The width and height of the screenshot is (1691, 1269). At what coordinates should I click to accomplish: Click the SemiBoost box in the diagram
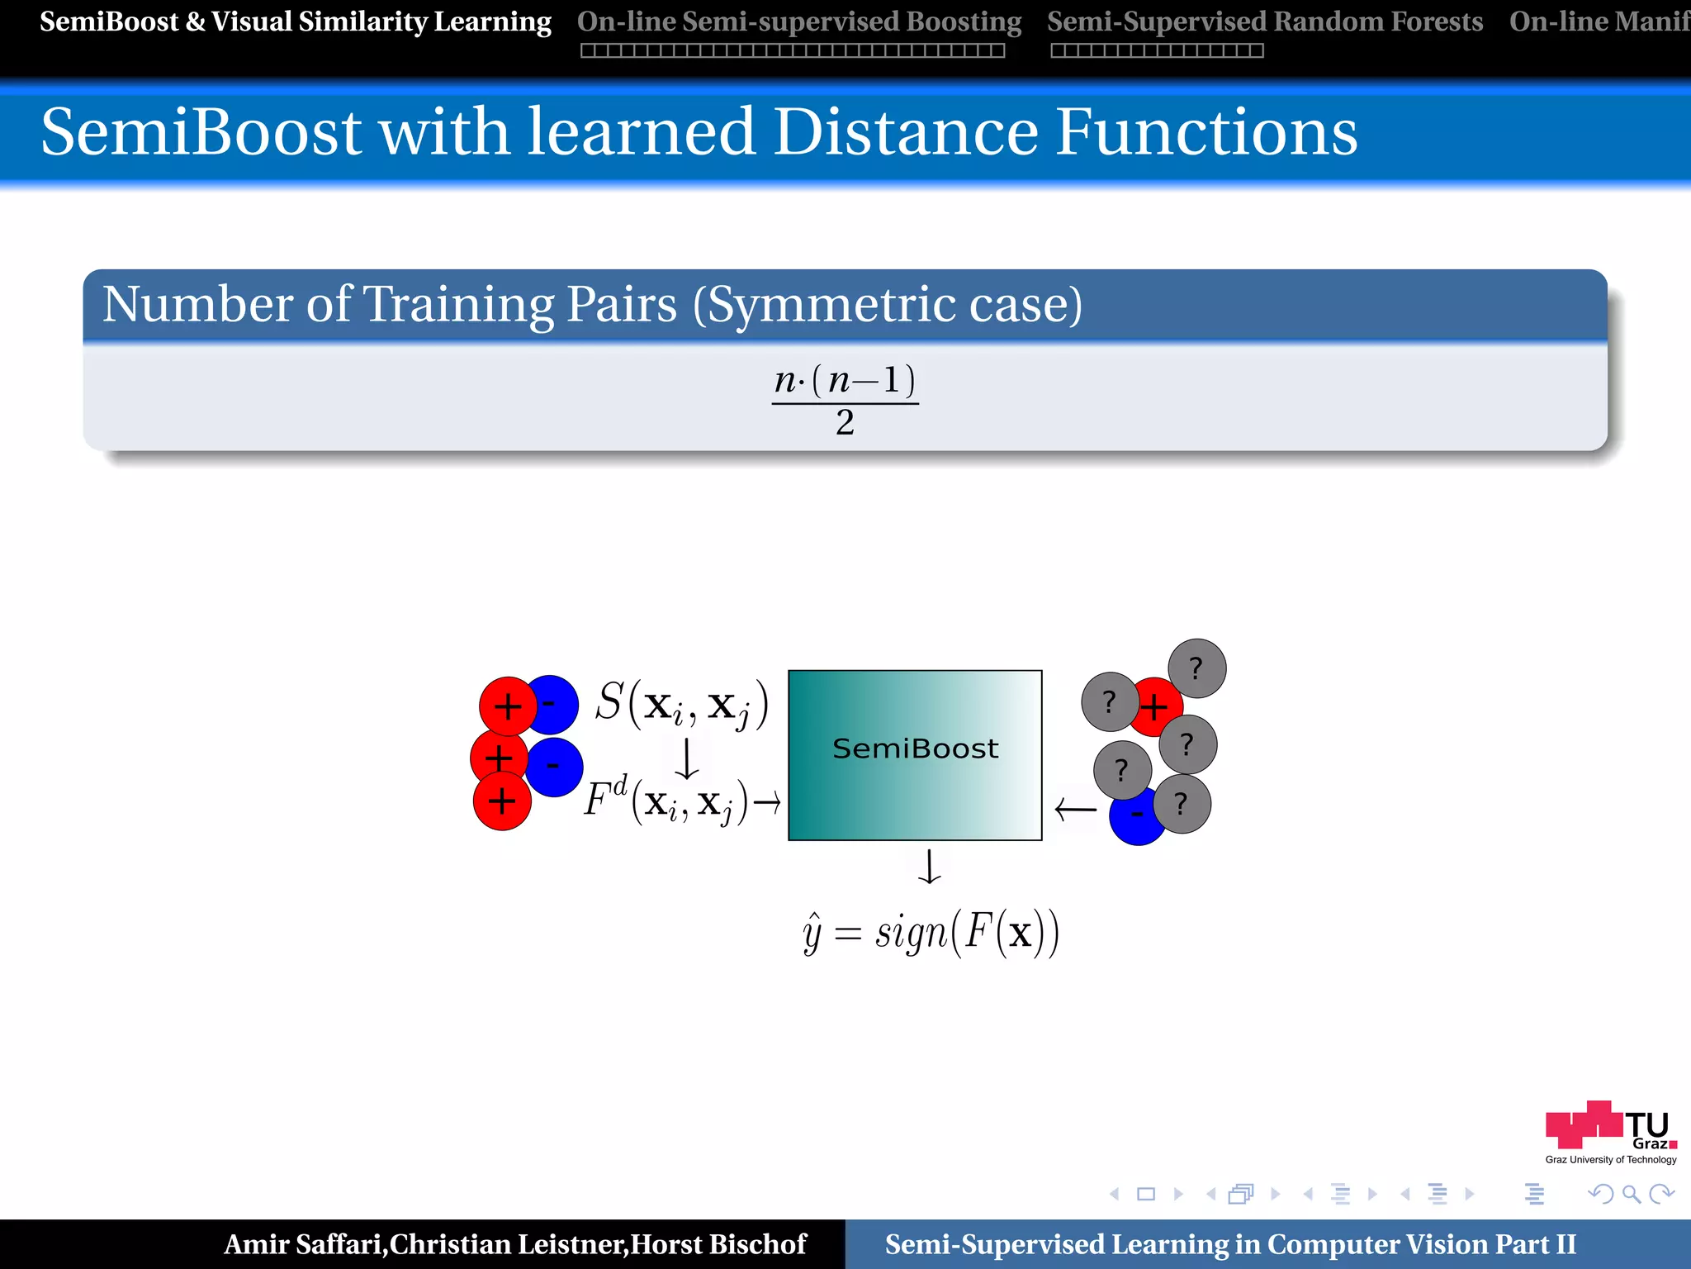click(915, 754)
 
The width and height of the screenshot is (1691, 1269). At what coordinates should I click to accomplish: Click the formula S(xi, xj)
click(682, 704)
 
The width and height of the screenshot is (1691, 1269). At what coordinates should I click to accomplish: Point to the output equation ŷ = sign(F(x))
click(931, 933)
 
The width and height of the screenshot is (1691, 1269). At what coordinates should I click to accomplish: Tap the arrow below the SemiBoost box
click(930, 867)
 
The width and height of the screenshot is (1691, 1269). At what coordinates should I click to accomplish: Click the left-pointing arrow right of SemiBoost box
click(1075, 809)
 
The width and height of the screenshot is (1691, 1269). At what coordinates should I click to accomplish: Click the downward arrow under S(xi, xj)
click(686, 758)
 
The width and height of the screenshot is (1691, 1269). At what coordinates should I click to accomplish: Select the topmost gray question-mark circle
click(1196, 668)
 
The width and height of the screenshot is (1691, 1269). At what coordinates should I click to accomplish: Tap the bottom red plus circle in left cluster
click(501, 801)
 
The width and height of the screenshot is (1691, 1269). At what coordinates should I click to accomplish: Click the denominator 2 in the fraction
click(845, 423)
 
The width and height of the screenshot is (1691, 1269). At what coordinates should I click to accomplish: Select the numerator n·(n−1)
click(845, 380)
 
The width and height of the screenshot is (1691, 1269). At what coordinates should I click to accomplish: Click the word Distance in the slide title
click(906, 132)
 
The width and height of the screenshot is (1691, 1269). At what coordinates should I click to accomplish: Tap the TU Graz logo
click(1610, 1130)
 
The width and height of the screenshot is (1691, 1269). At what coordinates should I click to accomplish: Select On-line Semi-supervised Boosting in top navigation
click(798, 22)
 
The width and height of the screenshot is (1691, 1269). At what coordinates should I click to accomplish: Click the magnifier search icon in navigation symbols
click(1631, 1194)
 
